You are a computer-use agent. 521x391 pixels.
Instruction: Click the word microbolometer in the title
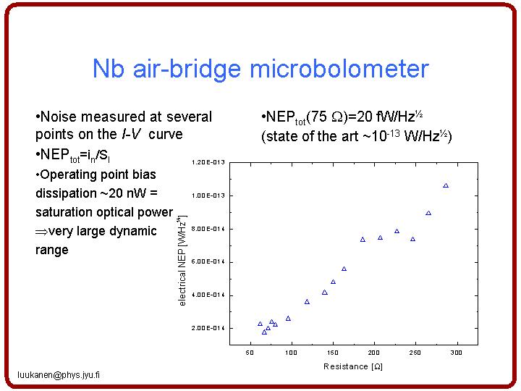point(339,69)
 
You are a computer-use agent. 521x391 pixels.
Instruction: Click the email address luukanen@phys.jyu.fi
point(59,375)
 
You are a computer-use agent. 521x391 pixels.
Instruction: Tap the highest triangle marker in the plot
point(446,185)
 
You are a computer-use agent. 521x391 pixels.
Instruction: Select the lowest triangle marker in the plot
point(265,332)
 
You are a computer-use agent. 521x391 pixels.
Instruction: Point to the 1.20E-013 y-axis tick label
point(208,162)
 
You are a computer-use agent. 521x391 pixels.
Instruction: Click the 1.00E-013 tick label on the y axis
point(208,195)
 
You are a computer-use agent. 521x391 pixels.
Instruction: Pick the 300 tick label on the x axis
point(456,353)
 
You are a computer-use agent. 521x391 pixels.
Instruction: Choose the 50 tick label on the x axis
point(250,353)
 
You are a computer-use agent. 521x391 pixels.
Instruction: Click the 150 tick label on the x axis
point(333,353)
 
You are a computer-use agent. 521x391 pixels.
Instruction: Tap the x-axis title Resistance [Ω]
point(353,366)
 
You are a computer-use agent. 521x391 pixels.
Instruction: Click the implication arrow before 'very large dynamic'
point(42,232)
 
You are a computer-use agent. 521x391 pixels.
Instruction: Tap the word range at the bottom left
point(52,250)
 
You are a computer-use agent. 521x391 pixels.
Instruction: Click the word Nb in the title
point(109,69)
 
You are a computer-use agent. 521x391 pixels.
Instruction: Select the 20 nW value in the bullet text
point(127,193)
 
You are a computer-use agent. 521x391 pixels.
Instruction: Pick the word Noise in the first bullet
point(59,117)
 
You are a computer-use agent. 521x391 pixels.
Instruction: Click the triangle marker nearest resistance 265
point(428,213)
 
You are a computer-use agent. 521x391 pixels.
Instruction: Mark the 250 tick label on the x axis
point(415,353)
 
